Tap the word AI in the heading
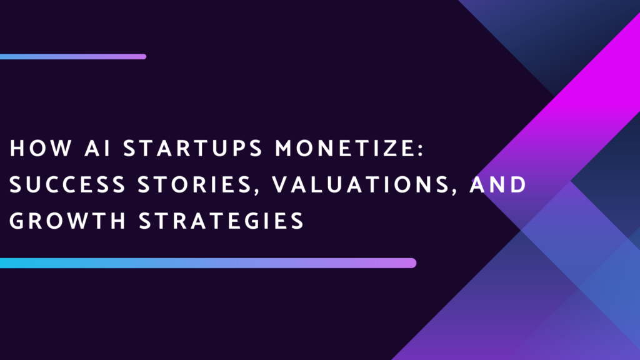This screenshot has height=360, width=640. (97, 147)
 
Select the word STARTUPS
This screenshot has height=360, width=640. (192, 147)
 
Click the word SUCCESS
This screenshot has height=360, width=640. (67, 184)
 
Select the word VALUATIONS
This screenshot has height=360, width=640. (361, 184)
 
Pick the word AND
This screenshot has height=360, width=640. (498, 184)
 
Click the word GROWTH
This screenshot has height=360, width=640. (67, 221)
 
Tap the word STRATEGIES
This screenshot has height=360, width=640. (221, 221)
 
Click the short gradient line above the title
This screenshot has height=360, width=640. (73, 57)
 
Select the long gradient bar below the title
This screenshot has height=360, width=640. (208, 263)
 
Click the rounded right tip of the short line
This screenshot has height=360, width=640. (145, 57)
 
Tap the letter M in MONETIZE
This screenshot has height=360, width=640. (284, 147)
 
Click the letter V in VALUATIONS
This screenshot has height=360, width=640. (281, 184)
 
